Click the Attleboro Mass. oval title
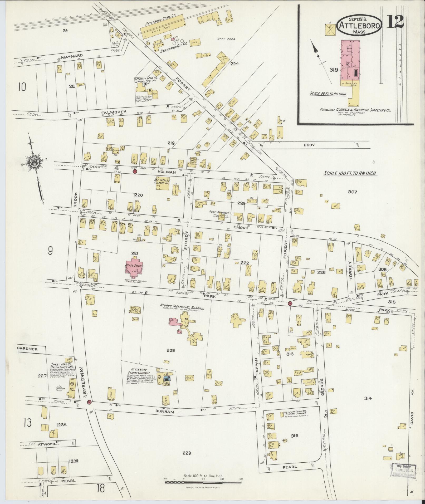point(360,26)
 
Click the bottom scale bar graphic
point(203,483)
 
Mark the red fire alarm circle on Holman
point(135,172)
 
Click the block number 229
point(186,453)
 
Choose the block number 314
point(368,406)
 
